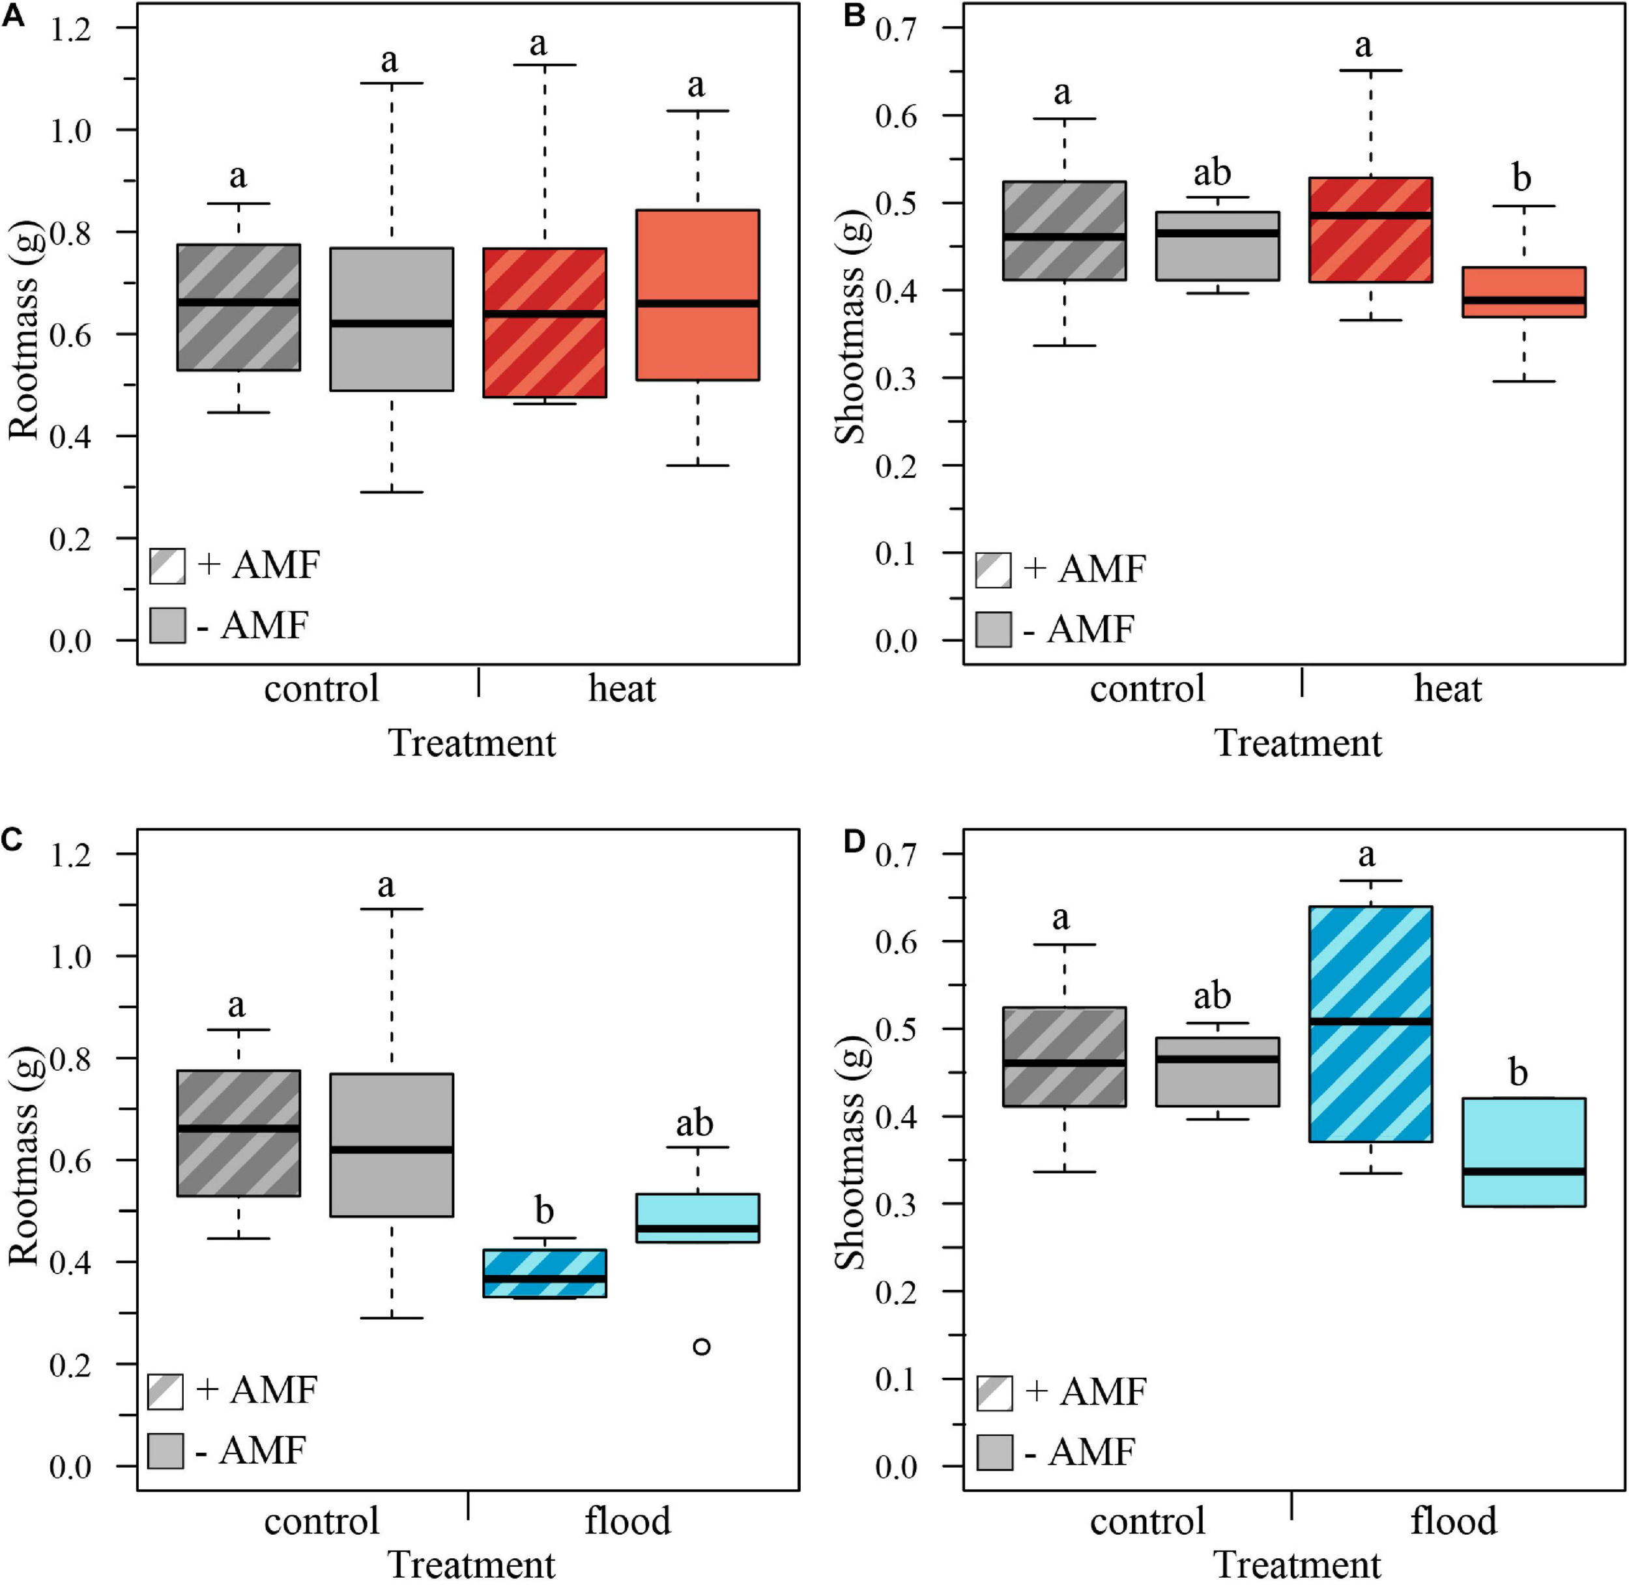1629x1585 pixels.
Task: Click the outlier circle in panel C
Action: tap(702, 1346)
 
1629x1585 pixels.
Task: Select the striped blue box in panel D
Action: tap(1370, 1023)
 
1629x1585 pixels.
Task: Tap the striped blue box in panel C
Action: tap(545, 1272)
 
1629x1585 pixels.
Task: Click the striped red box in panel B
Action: tap(1370, 230)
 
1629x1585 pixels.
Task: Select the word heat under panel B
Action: tap(1448, 690)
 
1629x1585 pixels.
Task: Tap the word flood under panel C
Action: tap(627, 1521)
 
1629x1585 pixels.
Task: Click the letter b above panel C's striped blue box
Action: tap(544, 1210)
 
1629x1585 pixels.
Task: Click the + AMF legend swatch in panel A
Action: tap(167, 565)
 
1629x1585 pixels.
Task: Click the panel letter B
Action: tap(854, 17)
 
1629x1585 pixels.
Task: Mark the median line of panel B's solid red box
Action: tap(1524, 300)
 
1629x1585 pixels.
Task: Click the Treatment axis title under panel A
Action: tap(472, 742)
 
